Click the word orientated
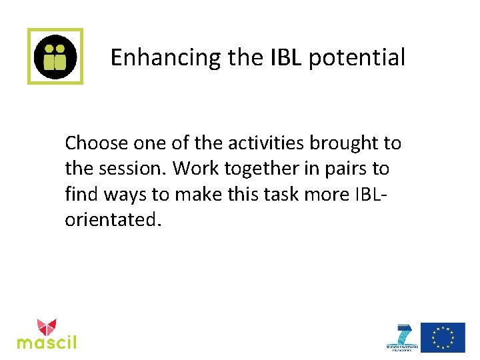pyautogui.click(x=112, y=219)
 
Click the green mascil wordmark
pyautogui.click(x=47, y=343)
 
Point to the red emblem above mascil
pyautogui.click(x=47, y=327)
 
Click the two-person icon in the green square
pyautogui.click(x=55, y=56)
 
